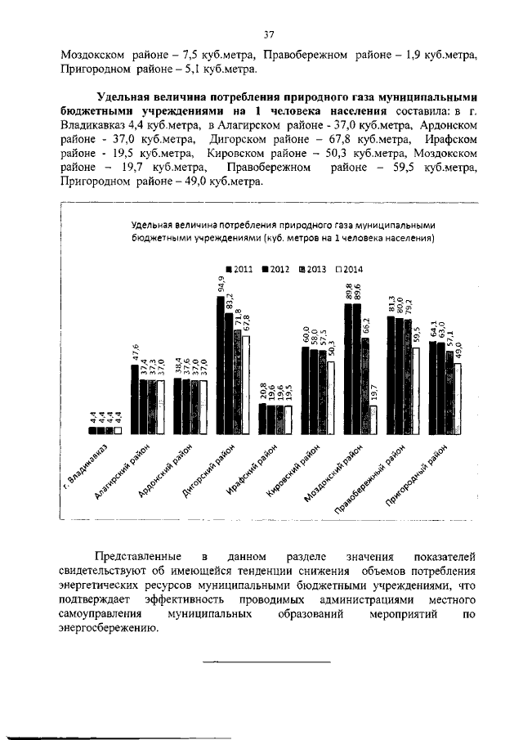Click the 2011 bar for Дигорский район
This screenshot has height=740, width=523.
[220, 366]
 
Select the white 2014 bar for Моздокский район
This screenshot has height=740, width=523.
[373, 419]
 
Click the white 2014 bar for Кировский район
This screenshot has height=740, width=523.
[330, 397]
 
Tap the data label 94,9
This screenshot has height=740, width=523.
[221, 284]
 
